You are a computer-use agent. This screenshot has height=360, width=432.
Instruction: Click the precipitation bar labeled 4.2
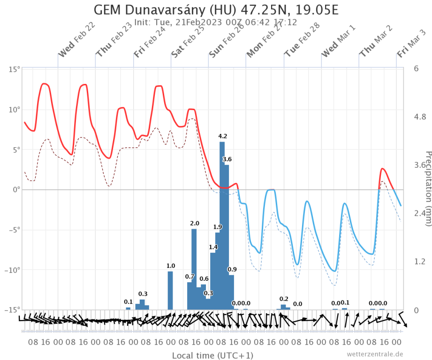click(x=222, y=225)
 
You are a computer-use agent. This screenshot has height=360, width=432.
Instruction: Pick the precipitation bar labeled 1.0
click(x=170, y=290)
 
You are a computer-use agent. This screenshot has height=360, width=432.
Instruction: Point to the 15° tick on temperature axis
click(x=15, y=69)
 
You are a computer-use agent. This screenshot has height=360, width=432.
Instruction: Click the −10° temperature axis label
click(x=13, y=270)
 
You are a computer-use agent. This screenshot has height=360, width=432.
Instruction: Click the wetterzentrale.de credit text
click(x=375, y=354)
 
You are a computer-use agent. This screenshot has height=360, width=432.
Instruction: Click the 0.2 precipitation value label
click(x=284, y=299)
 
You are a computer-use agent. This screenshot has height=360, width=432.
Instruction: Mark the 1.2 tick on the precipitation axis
click(x=420, y=261)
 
